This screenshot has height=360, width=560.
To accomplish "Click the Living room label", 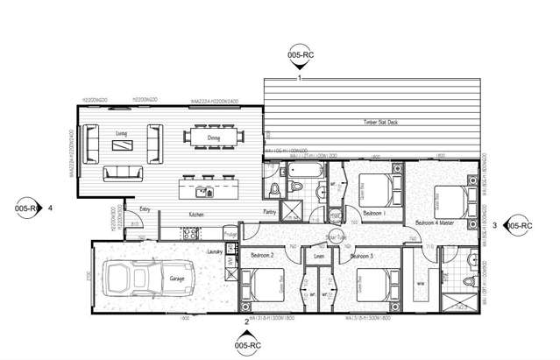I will click(x=122, y=132).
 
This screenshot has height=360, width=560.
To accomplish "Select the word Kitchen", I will click(x=197, y=215).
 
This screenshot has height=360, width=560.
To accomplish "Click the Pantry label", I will click(x=271, y=212).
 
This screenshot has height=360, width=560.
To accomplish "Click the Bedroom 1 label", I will click(x=374, y=214).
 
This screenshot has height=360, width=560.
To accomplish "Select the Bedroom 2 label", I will click(x=262, y=255).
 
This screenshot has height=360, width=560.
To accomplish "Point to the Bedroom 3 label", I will click(x=359, y=255).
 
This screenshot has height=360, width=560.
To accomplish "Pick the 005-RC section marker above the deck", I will click(x=299, y=54).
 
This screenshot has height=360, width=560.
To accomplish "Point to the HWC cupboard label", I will click(x=335, y=215).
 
